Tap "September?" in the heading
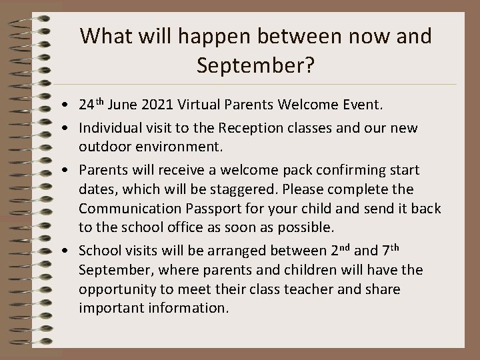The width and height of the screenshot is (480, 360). click(x=255, y=65)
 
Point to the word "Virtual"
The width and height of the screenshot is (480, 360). click(x=197, y=105)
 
